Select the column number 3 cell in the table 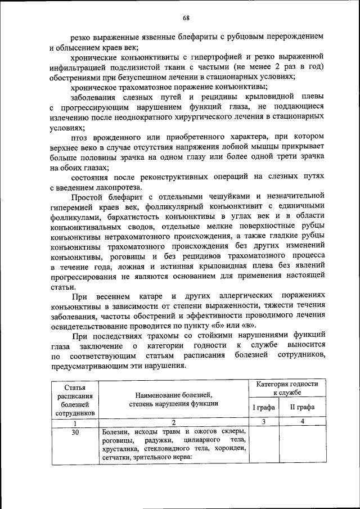pos(263,422)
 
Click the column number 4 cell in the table pos(302,422)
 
